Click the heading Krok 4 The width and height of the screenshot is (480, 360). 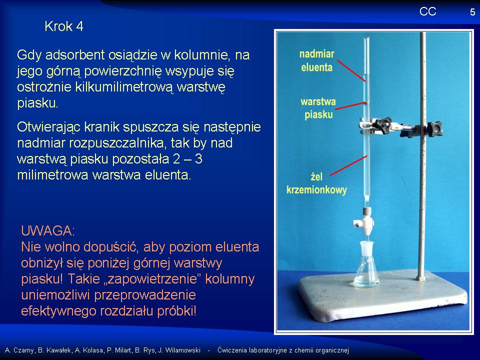click(63, 26)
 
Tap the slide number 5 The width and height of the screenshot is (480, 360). click(472, 12)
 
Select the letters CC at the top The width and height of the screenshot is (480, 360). click(427, 11)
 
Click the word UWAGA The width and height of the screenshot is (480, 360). click(48, 231)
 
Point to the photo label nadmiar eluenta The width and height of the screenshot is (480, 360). click(316, 60)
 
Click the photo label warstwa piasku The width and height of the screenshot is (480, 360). click(318, 108)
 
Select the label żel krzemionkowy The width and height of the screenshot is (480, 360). click(316, 183)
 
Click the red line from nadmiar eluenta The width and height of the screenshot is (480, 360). click(351, 70)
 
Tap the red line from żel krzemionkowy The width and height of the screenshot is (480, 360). click(348, 165)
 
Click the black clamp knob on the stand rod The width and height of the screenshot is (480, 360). click(434, 128)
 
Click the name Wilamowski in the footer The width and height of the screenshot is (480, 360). click(183, 350)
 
